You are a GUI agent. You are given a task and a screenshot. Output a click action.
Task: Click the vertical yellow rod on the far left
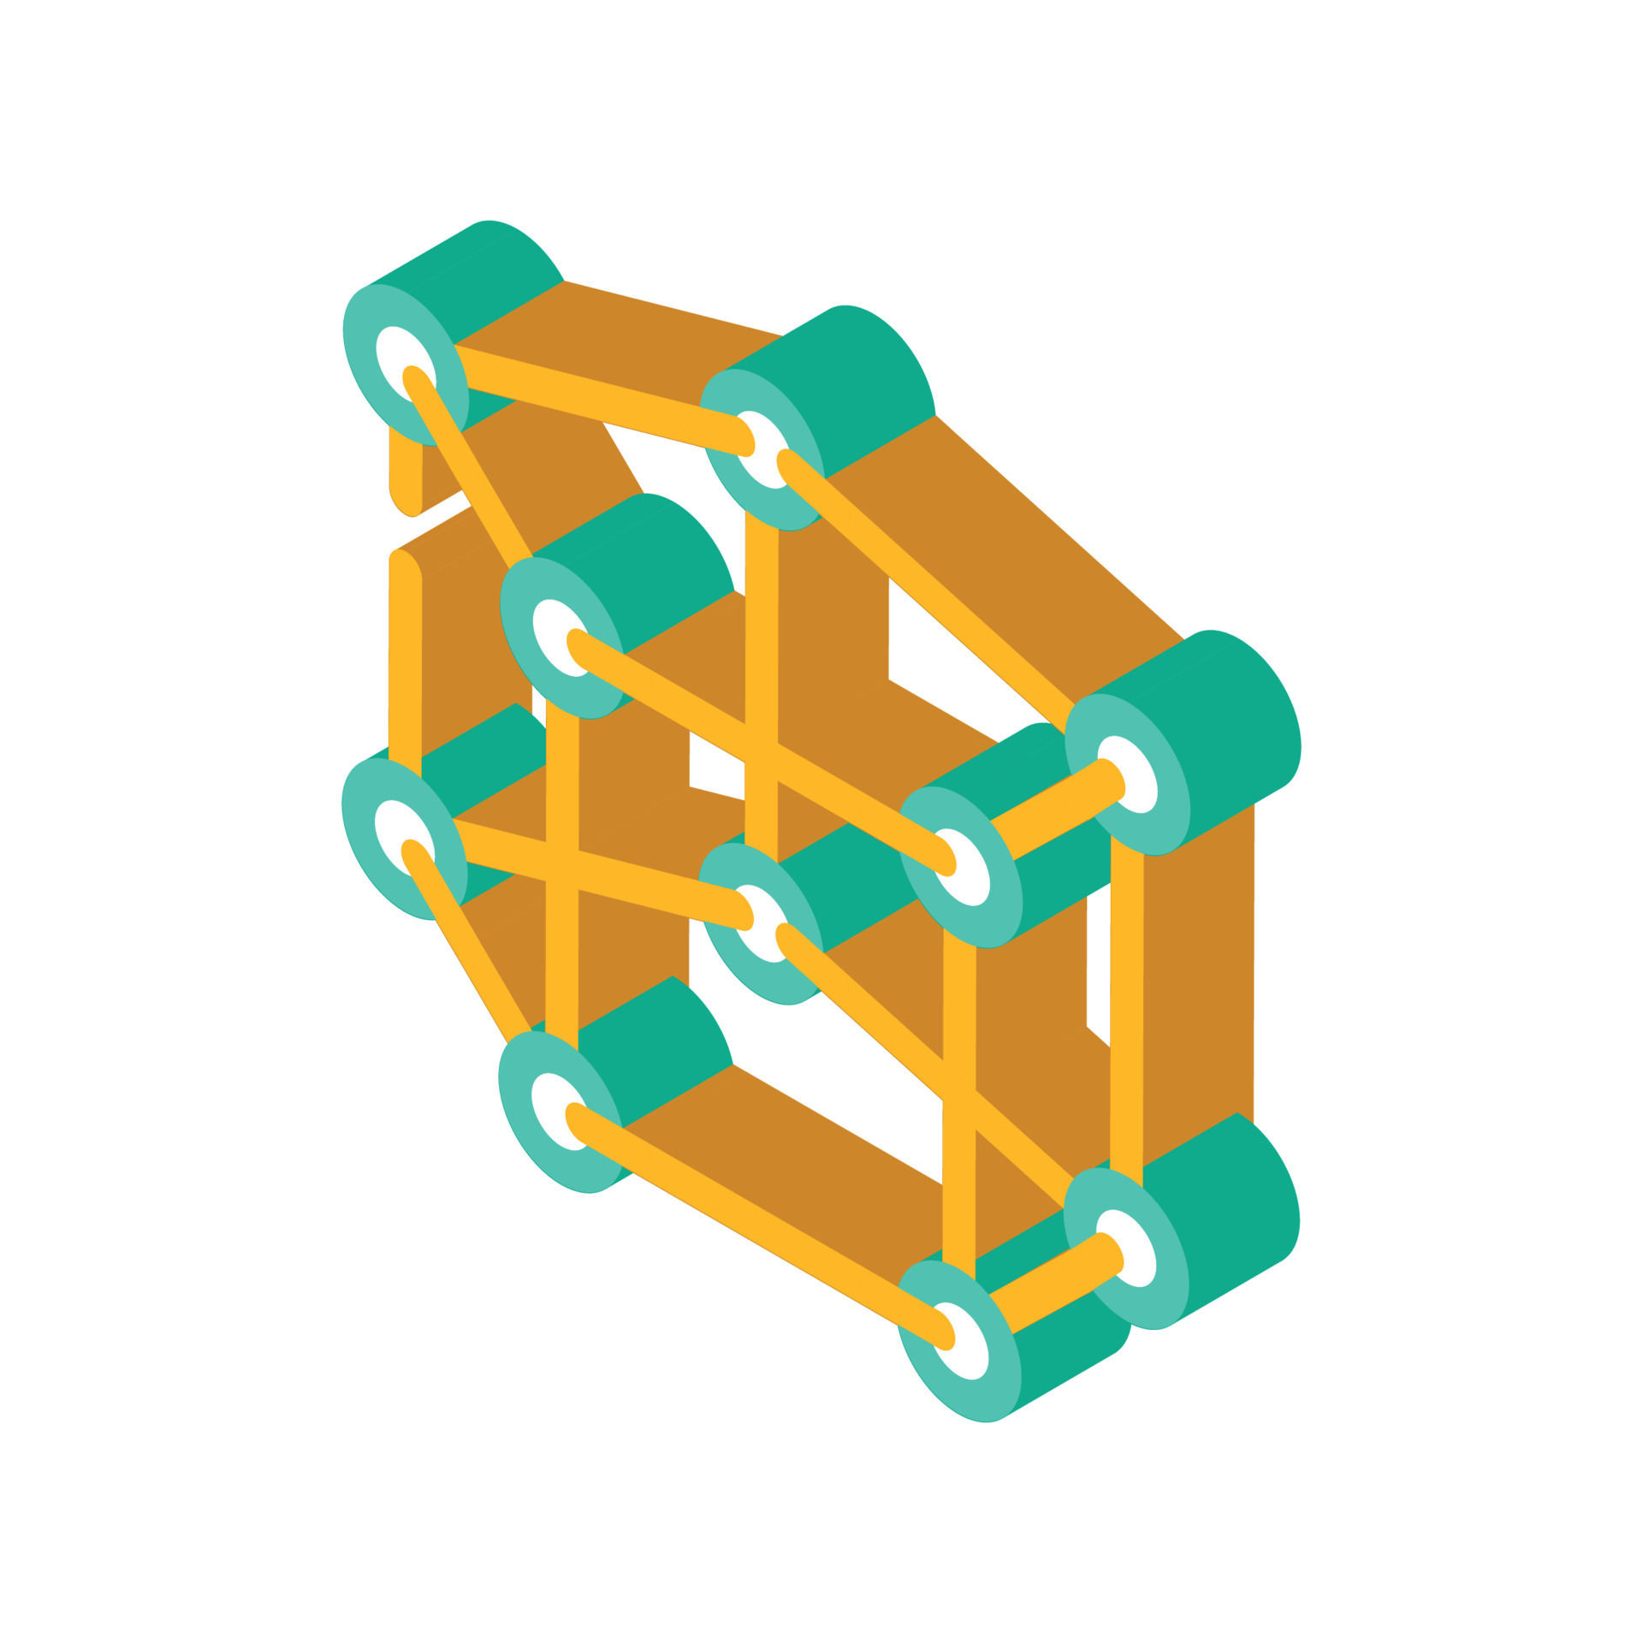pos(405,667)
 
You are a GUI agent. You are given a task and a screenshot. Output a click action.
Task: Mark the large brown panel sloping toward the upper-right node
pos(1027,548)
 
